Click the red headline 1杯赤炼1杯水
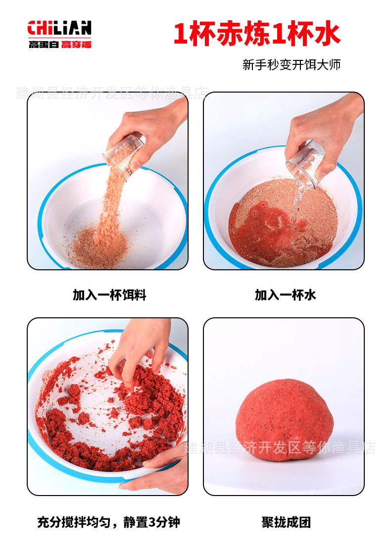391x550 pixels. coord(257,34)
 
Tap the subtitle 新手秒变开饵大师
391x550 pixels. coord(292,64)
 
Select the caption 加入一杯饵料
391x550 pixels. coord(109,295)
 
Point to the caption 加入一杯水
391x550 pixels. coord(285,295)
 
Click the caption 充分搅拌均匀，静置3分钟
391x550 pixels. coord(109,522)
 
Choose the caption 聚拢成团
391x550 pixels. coord(286,522)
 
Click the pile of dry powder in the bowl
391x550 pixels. coord(100,246)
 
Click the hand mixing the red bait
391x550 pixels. coord(140,351)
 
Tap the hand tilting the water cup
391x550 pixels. coord(323,133)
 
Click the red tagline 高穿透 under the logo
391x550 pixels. coord(76,45)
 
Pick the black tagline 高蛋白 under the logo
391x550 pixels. coord(44,45)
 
